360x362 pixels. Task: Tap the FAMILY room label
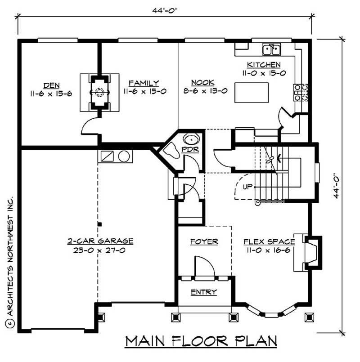(x=144, y=83)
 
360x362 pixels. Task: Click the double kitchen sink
(x=271, y=48)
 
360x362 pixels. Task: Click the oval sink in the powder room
(x=188, y=139)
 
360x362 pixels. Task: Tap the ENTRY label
(x=204, y=292)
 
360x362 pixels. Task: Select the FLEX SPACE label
(x=269, y=242)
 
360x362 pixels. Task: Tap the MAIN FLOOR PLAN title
(x=201, y=341)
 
